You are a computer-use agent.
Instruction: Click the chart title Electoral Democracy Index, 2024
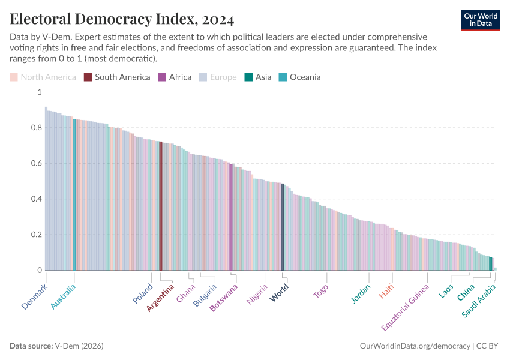[122, 19]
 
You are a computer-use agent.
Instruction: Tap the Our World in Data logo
[481, 20]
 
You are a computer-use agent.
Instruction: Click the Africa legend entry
[175, 77]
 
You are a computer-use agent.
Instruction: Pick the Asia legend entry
[257, 77]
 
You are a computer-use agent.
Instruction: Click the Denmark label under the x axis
[34, 297]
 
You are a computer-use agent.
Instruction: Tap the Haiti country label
[387, 291]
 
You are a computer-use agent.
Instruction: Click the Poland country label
[143, 293]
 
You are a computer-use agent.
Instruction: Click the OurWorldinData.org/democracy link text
[415, 346]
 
